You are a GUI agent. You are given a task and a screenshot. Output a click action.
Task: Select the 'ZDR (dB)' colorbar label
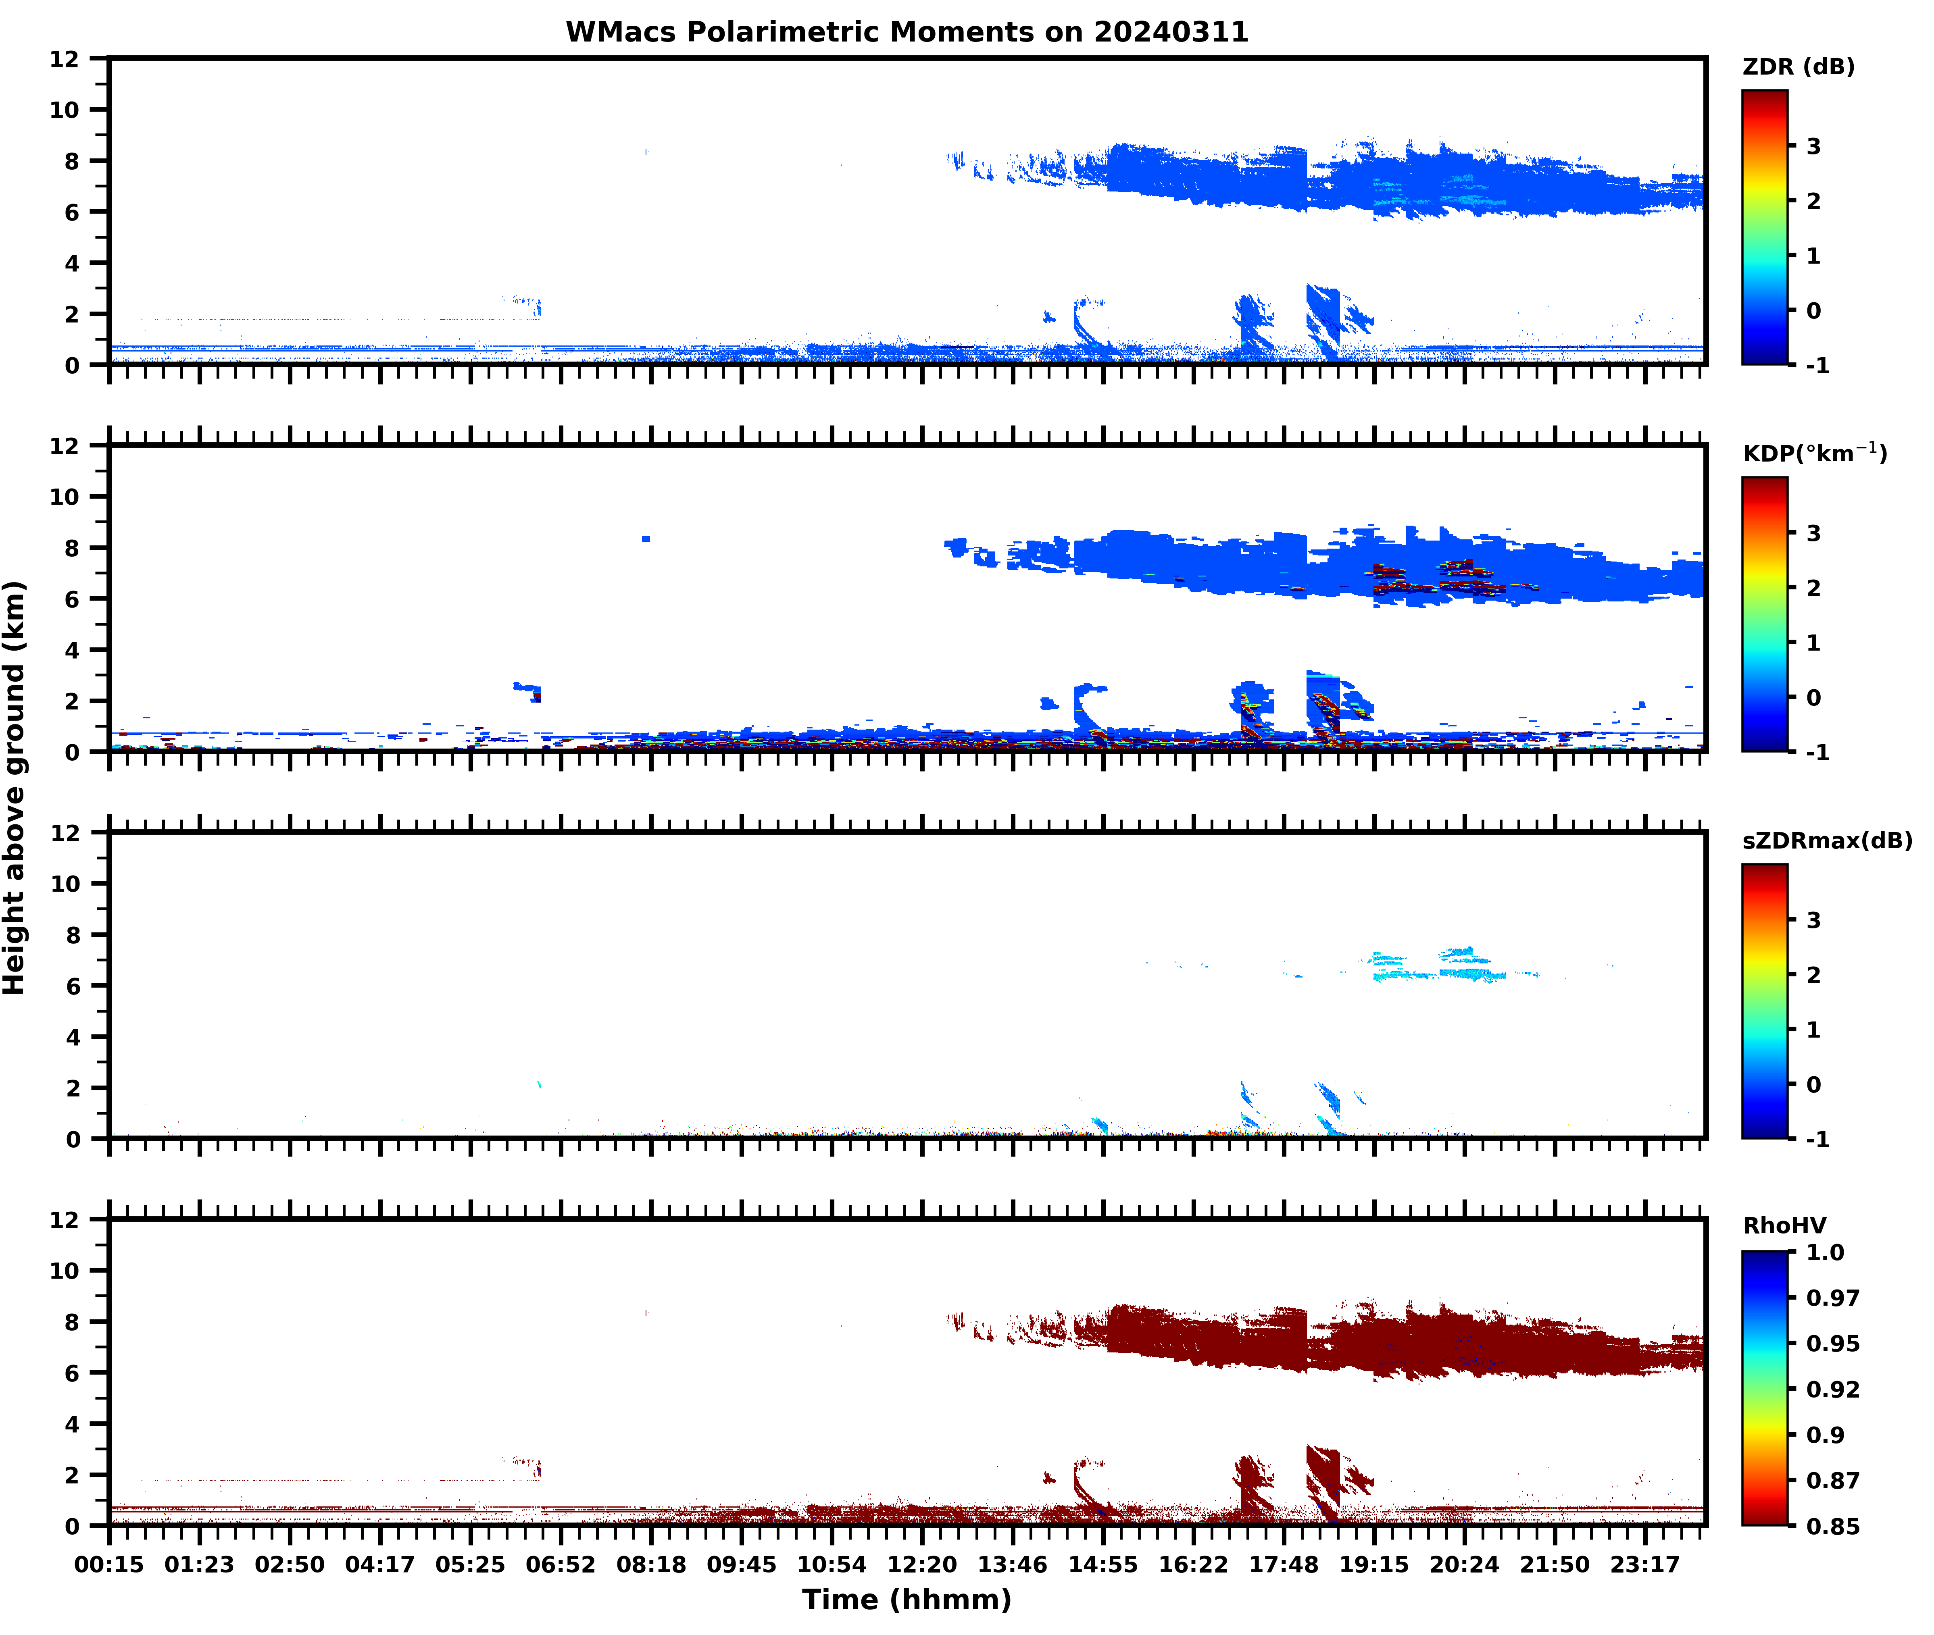tap(1798, 67)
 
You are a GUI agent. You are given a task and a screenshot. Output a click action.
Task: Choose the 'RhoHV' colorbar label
tap(1784, 1225)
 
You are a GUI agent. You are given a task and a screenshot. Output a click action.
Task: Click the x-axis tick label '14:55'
tap(1102, 1564)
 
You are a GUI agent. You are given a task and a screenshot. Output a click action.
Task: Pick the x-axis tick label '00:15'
tap(109, 1564)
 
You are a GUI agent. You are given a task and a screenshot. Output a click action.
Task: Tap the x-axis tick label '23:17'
tap(1645, 1564)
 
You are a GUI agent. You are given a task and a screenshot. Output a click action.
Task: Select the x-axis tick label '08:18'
tap(651, 1564)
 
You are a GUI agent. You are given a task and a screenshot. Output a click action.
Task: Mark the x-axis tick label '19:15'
tap(1373, 1564)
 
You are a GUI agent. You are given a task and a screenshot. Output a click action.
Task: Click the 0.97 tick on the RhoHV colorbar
tap(1832, 1298)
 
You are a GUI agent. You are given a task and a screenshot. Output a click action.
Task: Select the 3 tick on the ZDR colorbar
tap(1813, 146)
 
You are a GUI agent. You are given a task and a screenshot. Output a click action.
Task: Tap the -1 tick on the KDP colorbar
tap(1817, 753)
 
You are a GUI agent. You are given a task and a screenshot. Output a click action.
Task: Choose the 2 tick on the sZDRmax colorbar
tap(1813, 975)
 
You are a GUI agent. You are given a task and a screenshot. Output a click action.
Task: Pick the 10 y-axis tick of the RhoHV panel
tap(65, 1271)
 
